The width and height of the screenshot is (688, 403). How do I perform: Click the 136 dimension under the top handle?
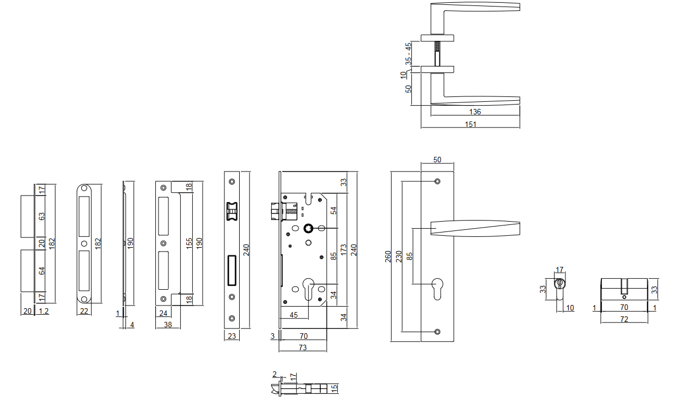(475, 112)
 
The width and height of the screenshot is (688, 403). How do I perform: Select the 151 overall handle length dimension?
(471, 125)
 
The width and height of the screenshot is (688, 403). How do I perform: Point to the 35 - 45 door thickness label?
(408, 54)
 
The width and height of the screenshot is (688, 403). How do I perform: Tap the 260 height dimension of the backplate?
(388, 257)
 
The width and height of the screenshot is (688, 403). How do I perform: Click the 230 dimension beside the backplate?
(399, 257)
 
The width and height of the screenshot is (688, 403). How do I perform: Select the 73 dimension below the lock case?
(303, 347)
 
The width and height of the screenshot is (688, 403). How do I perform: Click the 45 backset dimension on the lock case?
(294, 314)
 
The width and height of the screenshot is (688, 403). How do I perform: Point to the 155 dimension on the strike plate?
(189, 243)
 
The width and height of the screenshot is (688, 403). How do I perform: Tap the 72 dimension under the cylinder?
(624, 320)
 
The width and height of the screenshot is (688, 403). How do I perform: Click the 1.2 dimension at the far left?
(44, 312)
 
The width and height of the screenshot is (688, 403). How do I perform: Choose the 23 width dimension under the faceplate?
(232, 337)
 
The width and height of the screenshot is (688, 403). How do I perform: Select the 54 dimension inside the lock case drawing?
(334, 210)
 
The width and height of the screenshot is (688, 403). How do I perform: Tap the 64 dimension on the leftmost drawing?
(41, 271)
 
